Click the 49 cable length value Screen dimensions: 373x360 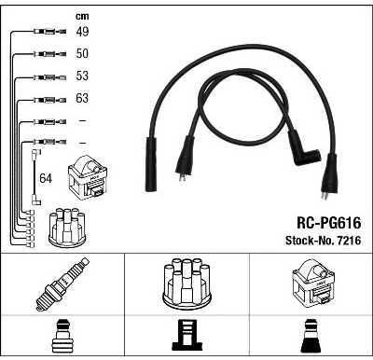[x=82, y=32]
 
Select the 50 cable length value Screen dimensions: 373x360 [x=82, y=53]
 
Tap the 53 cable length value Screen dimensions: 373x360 [x=82, y=76]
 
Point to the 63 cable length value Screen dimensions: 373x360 [x=82, y=98]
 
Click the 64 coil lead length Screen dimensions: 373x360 [x=46, y=178]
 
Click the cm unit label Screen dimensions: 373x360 [x=82, y=16]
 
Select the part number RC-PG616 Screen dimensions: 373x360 [x=329, y=223]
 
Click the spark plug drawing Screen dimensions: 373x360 [x=62, y=284]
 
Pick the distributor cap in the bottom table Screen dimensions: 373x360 [x=186, y=284]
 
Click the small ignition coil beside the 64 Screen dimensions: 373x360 [x=88, y=178]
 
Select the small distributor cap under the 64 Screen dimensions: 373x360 [x=67, y=228]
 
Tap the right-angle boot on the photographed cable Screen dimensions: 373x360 [x=303, y=150]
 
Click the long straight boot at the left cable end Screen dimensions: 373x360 [x=151, y=164]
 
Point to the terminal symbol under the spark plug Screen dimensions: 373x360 [x=62, y=337]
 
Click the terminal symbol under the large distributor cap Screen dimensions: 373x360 [x=186, y=336]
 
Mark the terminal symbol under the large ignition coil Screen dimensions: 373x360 [x=311, y=336]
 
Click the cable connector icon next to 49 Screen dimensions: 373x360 [x=49, y=31]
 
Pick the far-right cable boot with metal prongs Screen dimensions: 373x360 [x=329, y=175]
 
